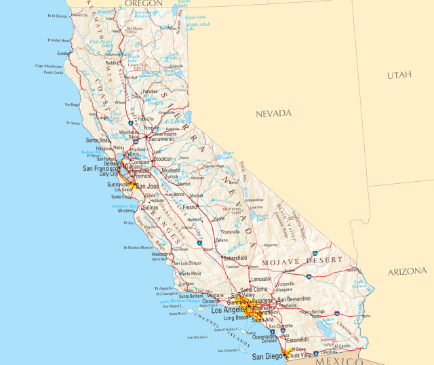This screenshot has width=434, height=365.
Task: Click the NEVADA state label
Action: [273, 113]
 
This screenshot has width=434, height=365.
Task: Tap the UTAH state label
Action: [399, 75]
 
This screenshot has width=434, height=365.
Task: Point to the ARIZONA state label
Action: [408, 271]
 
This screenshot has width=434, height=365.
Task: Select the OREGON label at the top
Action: [143, 3]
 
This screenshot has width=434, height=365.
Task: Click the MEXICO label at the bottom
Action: [345, 362]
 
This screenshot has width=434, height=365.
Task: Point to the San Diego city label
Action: [266, 356]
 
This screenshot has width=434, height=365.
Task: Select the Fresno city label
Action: [190, 206]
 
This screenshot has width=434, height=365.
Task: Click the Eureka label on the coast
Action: [64, 53]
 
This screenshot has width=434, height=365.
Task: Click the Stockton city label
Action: [163, 159]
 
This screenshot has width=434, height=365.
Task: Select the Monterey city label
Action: [126, 210]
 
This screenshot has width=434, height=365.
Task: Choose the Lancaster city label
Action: [261, 278]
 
